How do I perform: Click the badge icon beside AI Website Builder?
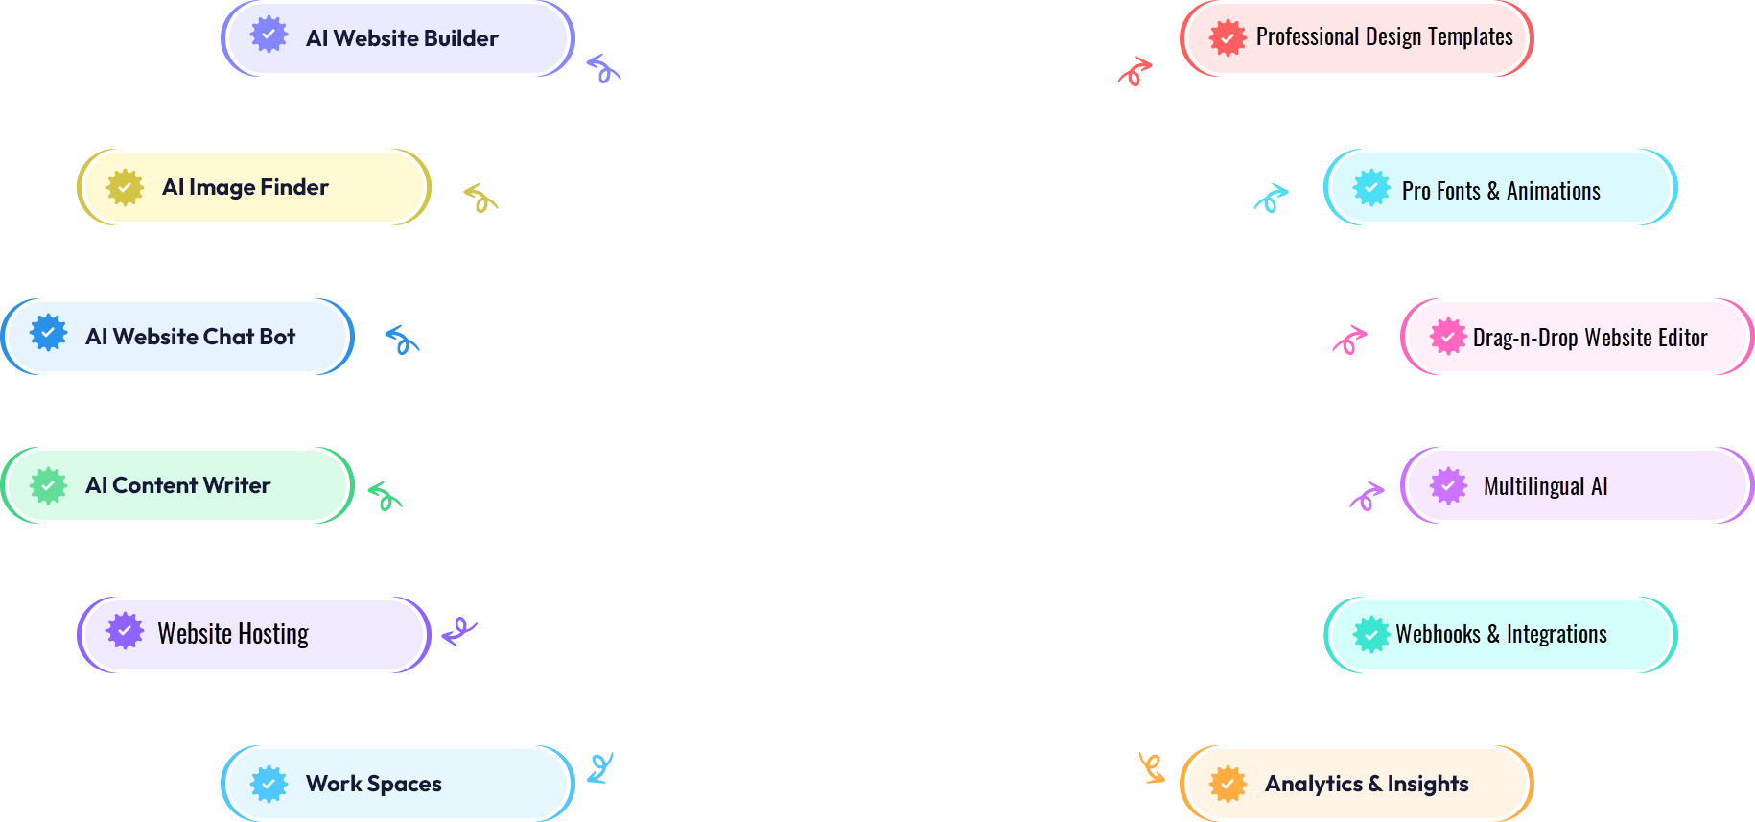pyautogui.click(x=269, y=35)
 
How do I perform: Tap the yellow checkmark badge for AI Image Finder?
pyautogui.click(x=125, y=187)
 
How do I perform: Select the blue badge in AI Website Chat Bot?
pyautogui.click(x=48, y=334)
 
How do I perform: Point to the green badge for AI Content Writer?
pyautogui.click(x=48, y=485)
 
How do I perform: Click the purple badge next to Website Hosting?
pyautogui.click(x=125, y=631)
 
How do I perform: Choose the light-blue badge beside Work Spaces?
pyautogui.click(x=269, y=784)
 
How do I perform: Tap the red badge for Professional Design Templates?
pyautogui.click(x=1228, y=38)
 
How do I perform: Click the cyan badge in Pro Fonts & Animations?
pyautogui.click(x=1371, y=188)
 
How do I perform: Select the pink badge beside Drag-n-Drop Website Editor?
pyautogui.click(x=1448, y=337)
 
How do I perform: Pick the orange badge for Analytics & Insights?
pyautogui.click(x=1228, y=784)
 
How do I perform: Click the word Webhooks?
pyautogui.click(x=1438, y=634)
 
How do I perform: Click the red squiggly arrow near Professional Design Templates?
pyautogui.click(x=1135, y=71)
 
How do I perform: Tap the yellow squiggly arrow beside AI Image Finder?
pyautogui.click(x=480, y=198)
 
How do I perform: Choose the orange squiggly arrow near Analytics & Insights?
pyautogui.click(x=1151, y=767)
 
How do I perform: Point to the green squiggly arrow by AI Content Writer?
pyautogui.click(x=385, y=495)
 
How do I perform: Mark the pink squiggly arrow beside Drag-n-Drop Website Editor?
pyautogui.click(x=1349, y=339)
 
